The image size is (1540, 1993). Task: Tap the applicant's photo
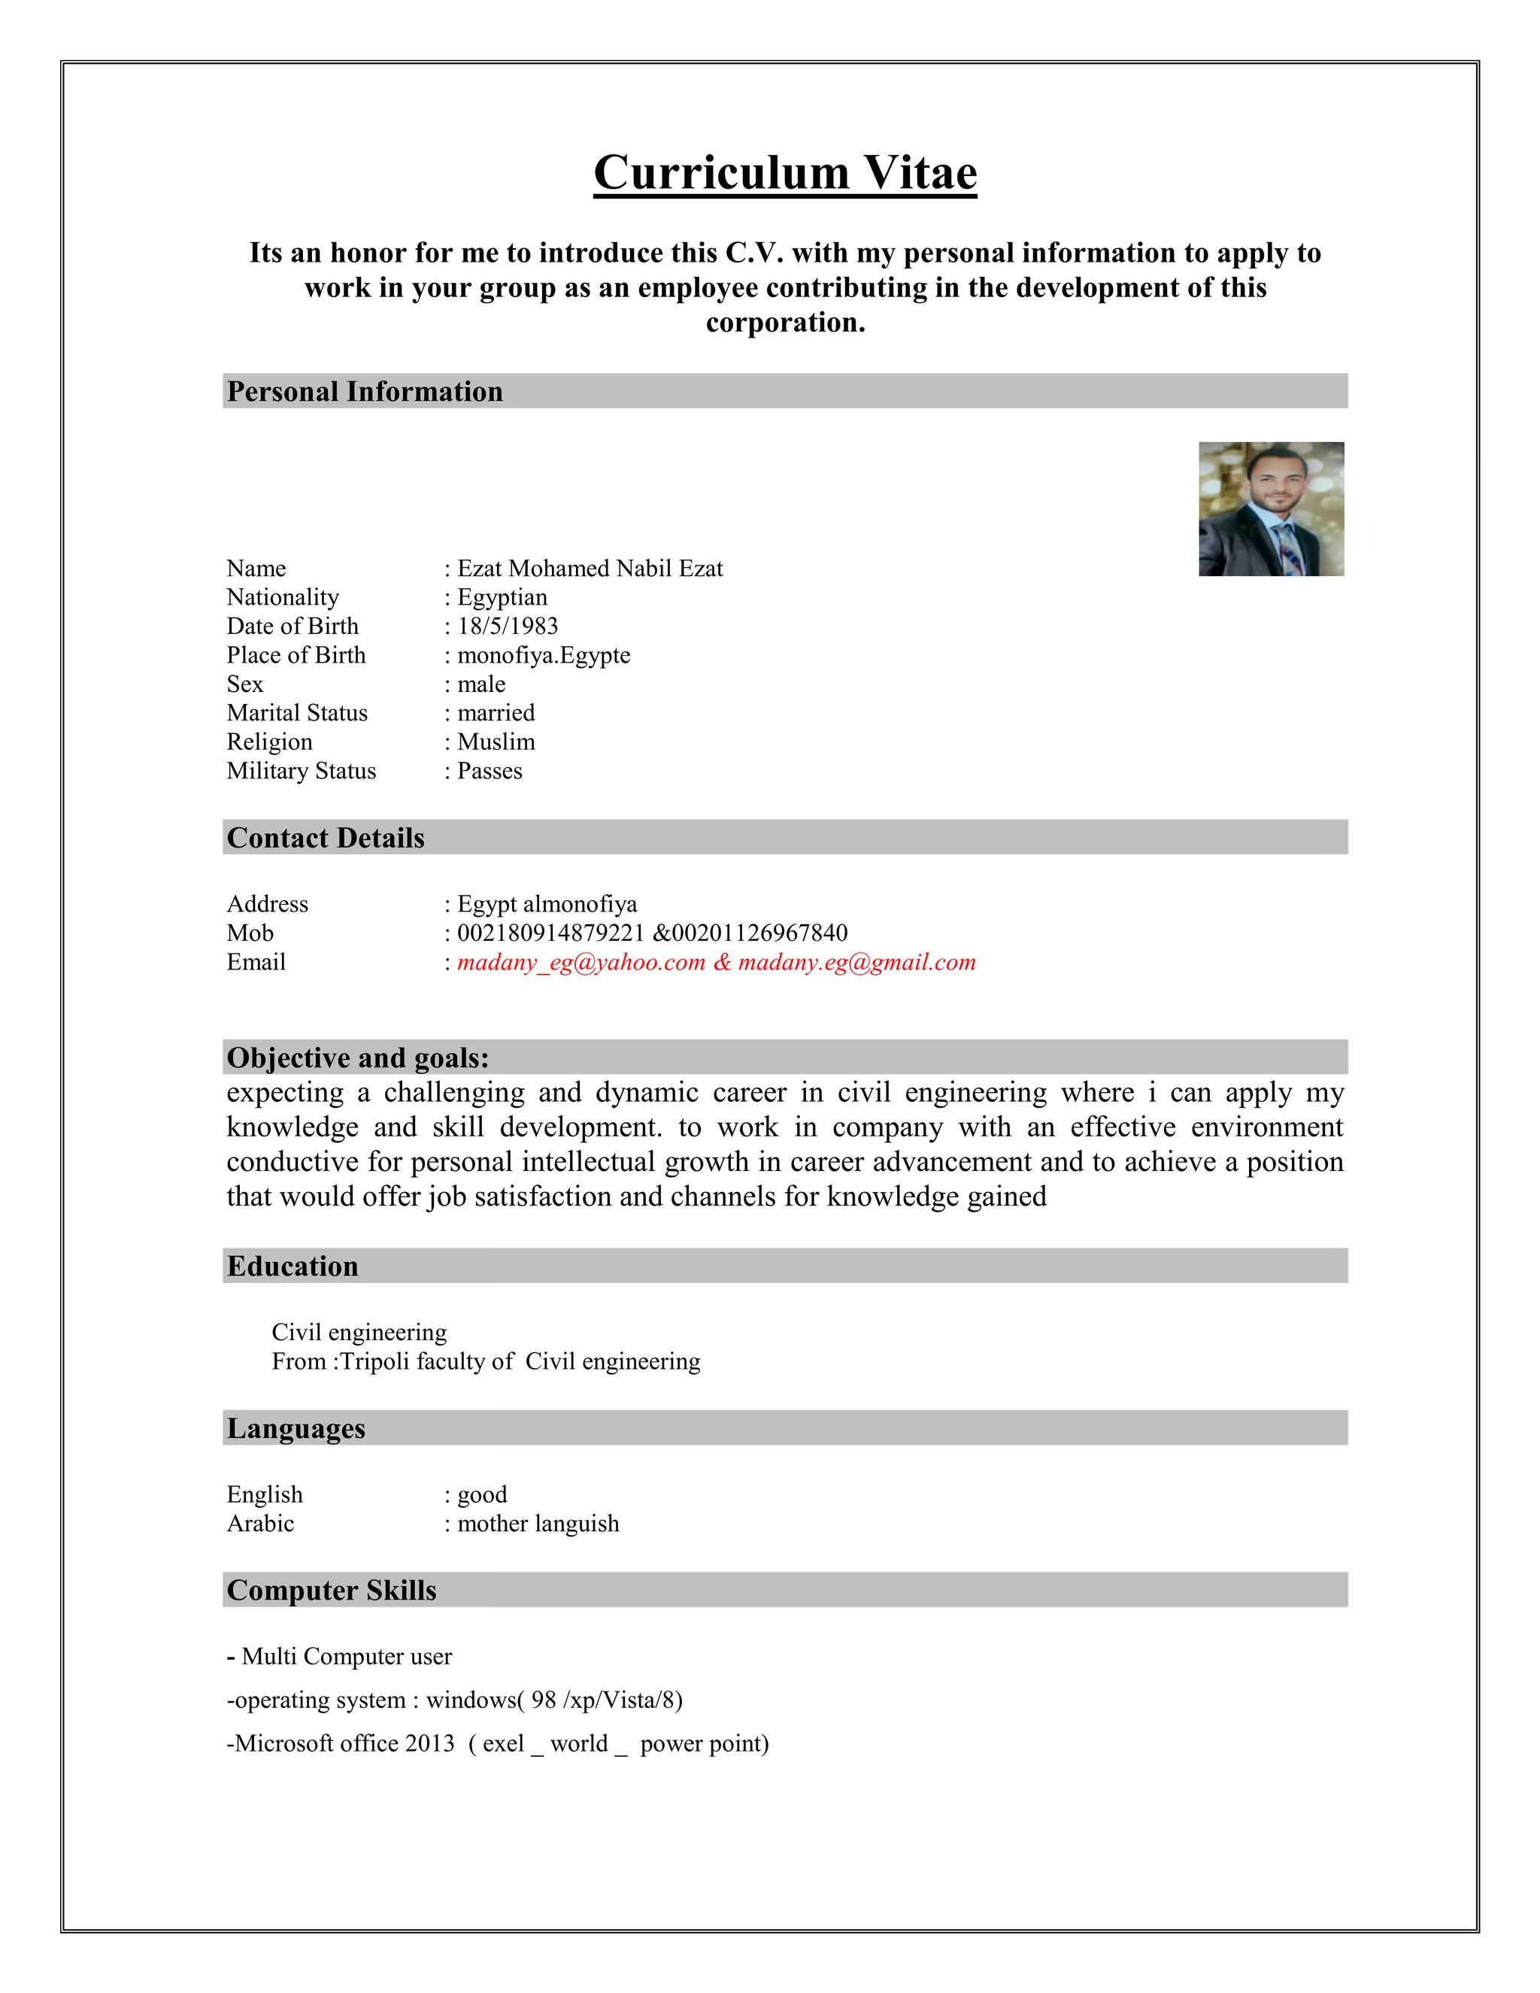click(x=1270, y=508)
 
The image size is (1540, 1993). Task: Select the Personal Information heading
click(x=365, y=392)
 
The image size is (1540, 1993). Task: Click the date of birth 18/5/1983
click(x=508, y=626)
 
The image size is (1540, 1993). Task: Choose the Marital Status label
click(x=298, y=713)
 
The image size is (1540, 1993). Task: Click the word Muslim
click(x=496, y=742)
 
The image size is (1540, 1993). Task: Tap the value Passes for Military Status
click(x=490, y=771)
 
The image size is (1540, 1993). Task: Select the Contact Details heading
click(x=326, y=838)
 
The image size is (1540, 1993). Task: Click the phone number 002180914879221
click(x=551, y=933)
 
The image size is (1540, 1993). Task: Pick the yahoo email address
click(x=581, y=962)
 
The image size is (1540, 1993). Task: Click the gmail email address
click(x=856, y=962)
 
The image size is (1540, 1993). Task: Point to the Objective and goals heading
click(x=358, y=1057)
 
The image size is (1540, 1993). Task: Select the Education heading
click(x=293, y=1266)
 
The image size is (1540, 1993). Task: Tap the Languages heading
click(x=296, y=1428)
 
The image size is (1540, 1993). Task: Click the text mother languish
click(x=538, y=1523)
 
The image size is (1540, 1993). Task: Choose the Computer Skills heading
click(x=332, y=1590)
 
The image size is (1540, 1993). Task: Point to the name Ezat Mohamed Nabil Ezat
click(x=590, y=569)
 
